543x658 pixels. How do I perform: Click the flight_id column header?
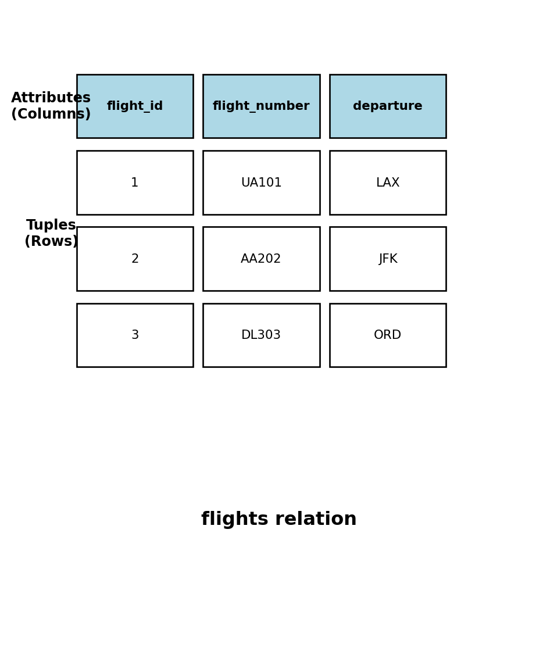[x=135, y=106]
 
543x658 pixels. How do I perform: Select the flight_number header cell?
[x=261, y=106]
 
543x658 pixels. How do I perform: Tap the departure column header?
[x=388, y=106]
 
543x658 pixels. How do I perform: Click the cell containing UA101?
[x=261, y=183]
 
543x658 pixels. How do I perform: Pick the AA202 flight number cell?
[x=261, y=259]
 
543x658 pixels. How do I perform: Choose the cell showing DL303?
[x=261, y=335]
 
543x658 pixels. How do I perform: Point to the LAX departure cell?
[x=388, y=183]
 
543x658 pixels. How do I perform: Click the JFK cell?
[x=388, y=259]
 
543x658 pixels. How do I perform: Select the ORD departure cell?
[x=388, y=335]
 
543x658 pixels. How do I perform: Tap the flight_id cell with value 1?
[x=135, y=183]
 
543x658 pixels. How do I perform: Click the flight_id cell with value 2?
[x=135, y=259]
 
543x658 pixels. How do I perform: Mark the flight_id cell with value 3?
[x=135, y=335]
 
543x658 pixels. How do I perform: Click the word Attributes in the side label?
[x=51, y=98]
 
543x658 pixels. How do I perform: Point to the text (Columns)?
[x=51, y=115]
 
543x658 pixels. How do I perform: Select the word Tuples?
[x=51, y=226]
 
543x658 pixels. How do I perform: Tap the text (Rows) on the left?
[x=51, y=242]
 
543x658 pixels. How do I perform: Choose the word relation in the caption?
[x=317, y=520]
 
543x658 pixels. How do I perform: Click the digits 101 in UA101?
[x=270, y=183]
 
